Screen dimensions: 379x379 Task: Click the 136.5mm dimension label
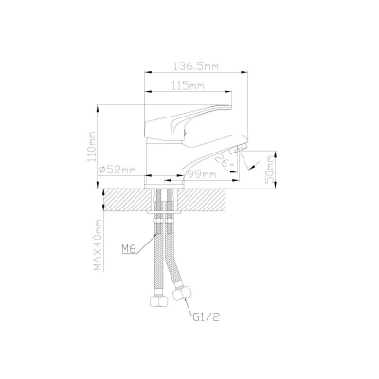point(196,66)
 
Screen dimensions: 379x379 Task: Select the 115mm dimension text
point(189,85)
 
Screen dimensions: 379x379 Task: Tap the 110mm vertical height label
point(92,147)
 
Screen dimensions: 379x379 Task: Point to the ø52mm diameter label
point(117,171)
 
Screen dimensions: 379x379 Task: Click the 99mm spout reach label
point(201,174)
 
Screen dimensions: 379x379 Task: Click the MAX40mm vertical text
point(99,245)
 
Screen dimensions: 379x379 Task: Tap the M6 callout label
point(128,249)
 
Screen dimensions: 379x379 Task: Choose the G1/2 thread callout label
point(206,317)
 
